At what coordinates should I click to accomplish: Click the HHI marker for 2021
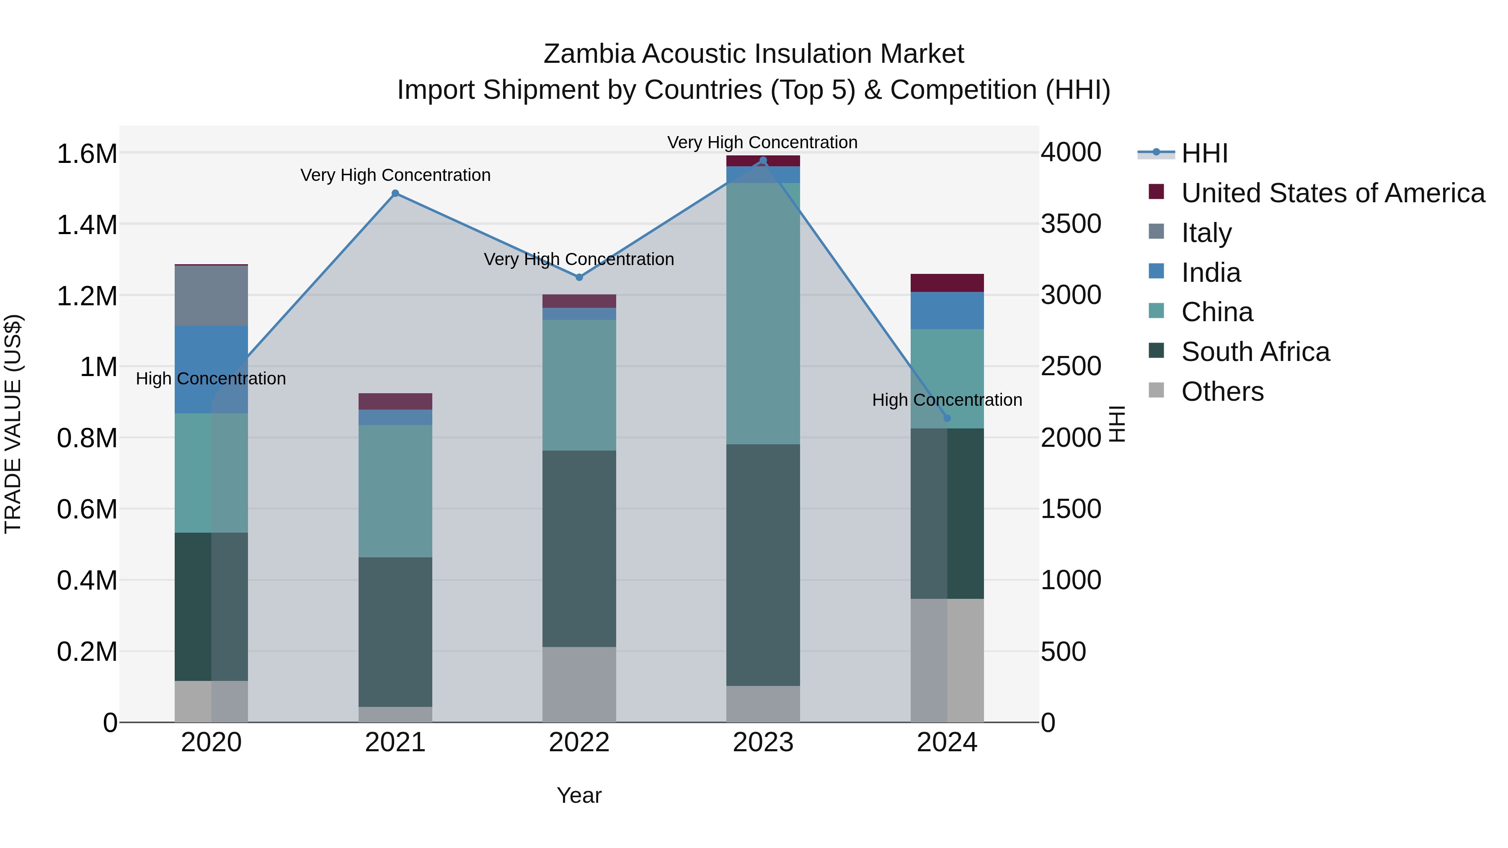(x=395, y=193)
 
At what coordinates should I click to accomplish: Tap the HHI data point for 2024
(x=947, y=418)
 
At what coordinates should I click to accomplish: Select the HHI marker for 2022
(x=579, y=277)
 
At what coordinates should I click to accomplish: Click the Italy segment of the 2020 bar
(x=212, y=296)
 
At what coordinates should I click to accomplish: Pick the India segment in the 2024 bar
(x=947, y=310)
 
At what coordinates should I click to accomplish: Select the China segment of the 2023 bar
(x=763, y=313)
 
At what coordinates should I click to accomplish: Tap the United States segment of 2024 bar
(x=947, y=283)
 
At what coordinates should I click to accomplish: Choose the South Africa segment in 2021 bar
(x=395, y=631)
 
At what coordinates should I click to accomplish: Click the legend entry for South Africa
(x=1255, y=352)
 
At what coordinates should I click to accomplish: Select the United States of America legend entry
(x=1332, y=193)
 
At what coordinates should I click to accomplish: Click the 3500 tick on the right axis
(x=1071, y=224)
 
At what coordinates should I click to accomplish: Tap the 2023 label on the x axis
(x=763, y=742)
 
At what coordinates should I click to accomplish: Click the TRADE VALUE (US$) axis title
(x=13, y=424)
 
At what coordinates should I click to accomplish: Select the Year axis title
(x=579, y=795)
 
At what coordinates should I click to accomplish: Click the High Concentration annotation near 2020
(x=211, y=379)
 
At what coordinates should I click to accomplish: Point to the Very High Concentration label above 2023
(x=762, y=142)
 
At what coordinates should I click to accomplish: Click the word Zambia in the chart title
(x=589, y=54)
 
